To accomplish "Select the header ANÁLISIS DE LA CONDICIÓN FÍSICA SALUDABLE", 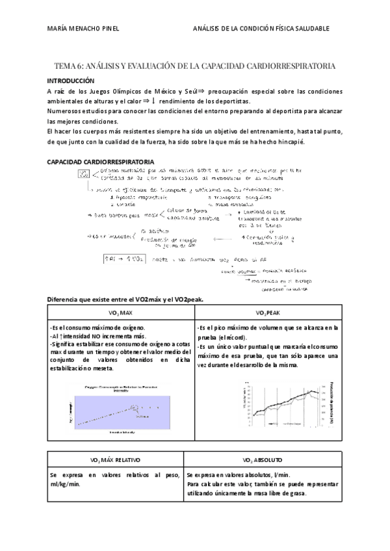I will coord(261,29).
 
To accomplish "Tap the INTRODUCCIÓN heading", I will coord(75,80).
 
